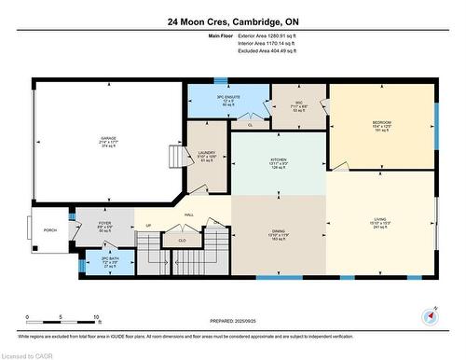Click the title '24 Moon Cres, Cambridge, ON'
233,21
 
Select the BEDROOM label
381,123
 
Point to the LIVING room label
380,218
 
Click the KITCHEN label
278,159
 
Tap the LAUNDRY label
207,152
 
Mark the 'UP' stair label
147,226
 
